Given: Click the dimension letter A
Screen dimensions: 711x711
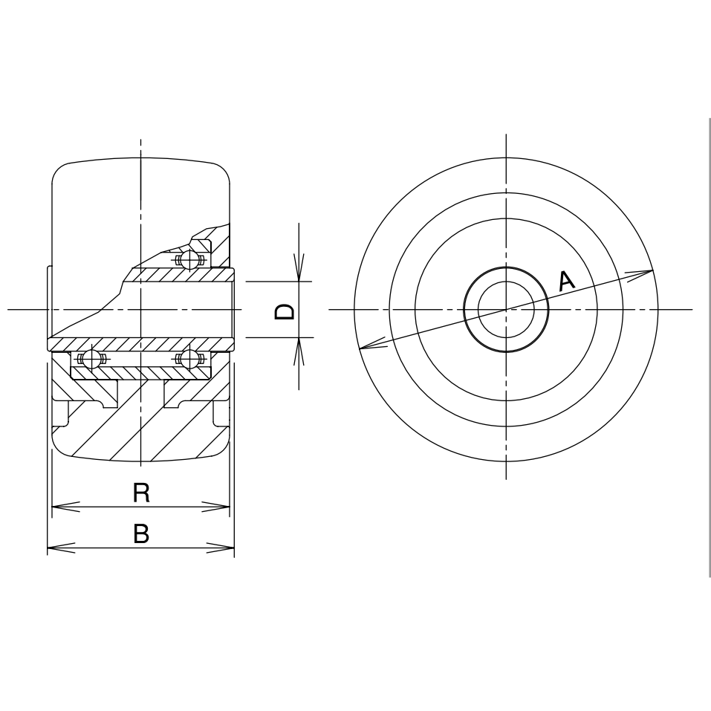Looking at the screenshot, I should coord(566,281).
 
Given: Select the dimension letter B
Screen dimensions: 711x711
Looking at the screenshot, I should coord(141,533).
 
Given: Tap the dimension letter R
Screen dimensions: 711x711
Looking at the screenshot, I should coord(141,492).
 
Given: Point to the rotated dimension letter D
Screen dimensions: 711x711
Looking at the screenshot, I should coord(285,311).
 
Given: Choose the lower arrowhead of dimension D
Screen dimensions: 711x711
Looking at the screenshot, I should coord(299,351).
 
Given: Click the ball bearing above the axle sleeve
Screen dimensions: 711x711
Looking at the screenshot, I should coord(190,260).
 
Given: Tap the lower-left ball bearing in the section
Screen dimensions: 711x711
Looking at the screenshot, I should coord(91,360).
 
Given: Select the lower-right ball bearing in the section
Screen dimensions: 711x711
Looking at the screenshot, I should coord(190,360).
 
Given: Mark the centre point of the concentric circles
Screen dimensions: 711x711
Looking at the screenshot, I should coord(506,308).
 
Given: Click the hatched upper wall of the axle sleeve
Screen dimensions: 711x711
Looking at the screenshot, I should coord(178,275).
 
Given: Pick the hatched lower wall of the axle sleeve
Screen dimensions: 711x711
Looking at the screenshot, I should coord(141,344).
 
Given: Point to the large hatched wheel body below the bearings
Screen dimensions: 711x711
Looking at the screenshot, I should coord(141,423).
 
